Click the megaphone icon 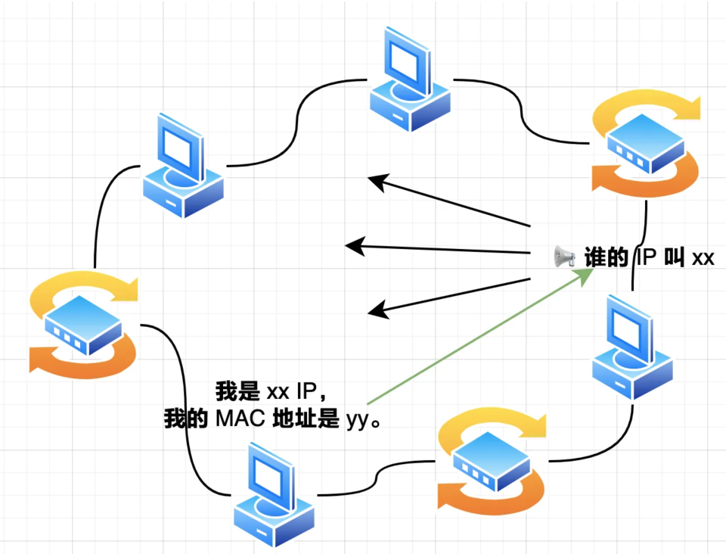563,256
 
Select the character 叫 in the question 674,257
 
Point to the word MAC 240,419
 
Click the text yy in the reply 358,422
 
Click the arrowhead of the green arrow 585,275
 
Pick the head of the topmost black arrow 378,182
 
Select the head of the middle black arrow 355,246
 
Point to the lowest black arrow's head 378,310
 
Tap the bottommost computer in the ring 274,495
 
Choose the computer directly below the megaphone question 632,347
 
